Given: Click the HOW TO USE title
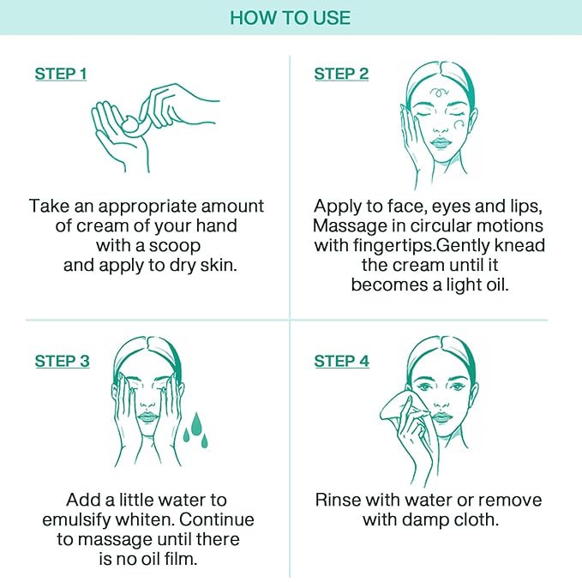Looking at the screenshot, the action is tap(291, 18).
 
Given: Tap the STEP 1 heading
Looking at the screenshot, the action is tap(61, 74).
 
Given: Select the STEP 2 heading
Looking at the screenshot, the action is tap(341, 74).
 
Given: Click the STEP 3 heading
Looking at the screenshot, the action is tap(62, 361).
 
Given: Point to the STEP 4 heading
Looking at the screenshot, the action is tap(341, 361).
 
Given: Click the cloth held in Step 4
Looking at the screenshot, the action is tap(396, 407).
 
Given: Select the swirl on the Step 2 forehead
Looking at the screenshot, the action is tap(439, 92).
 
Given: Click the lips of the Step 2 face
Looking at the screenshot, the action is tap(441, 143).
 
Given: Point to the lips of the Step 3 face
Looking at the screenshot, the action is tap(147, 417).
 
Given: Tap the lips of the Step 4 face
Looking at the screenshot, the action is tap(441, 417).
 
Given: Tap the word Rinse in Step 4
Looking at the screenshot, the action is tap(338, 500).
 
